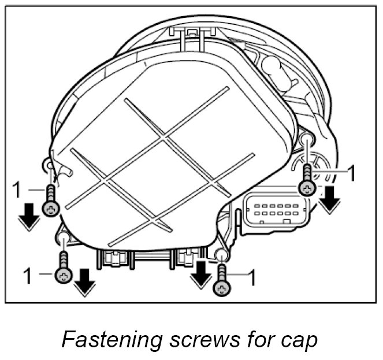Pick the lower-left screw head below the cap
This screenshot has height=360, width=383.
64,276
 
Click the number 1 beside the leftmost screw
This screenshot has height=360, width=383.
18,188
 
